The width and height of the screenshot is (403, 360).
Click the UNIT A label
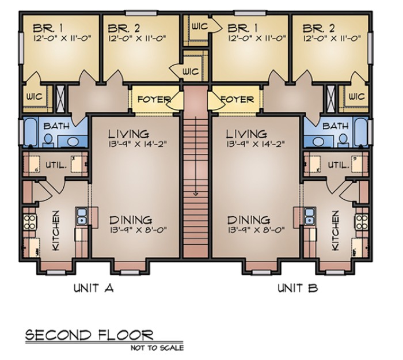click(93, 288)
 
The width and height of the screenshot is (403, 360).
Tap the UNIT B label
click(298, 288)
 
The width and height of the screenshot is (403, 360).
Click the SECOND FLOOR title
click(89, 335)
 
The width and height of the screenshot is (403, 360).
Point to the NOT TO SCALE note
click(157, 348)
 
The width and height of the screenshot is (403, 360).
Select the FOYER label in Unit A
click(154, 99)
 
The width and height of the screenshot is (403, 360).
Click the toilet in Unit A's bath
click(48, 141)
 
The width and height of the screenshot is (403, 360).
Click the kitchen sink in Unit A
click(82, 216)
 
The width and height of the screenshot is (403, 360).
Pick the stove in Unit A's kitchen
click(30, 222)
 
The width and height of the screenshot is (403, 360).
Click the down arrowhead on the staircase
click(196, 194)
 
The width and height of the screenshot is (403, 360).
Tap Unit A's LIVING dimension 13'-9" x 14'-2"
click(137, 143)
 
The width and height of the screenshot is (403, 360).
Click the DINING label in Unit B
click(249, 220)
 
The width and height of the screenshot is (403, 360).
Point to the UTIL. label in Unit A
click(56, 165)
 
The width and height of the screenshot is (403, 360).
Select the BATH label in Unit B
click(336, 126)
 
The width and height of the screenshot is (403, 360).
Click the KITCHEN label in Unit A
click(56, 230)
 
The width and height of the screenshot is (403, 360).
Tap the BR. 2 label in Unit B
click(319, 28)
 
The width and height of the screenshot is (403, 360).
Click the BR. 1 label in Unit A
click(48, 28)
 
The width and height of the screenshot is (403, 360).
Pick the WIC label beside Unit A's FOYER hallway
click(191, 71)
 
